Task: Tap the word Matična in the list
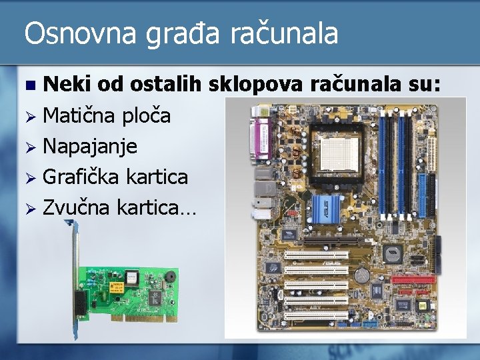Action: click(79, 115)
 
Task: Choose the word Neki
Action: click(67, 85)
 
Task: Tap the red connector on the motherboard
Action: click(413, 279)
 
